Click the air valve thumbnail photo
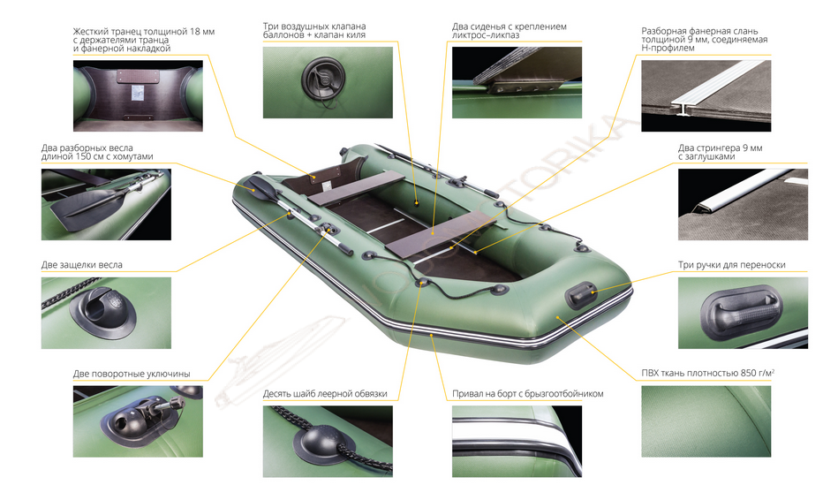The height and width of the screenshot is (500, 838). pyautogui.click(x=328, y=82)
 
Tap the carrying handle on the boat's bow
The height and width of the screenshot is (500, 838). pyautogui.click(x=580, y=295)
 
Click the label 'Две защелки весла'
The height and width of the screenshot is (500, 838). pyautogui.click(x=82, y=265)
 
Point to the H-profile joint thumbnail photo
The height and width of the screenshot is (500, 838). pyautogui.click(x=706, y=95)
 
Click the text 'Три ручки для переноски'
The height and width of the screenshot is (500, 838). pyautogui.click(x=732, y=265)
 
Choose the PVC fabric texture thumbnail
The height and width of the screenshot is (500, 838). pyautogui.click(x=706, y=421)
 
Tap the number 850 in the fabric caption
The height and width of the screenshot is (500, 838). pyautogui.click(x=748, y=374)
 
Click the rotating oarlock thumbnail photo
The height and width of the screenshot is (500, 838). pyautogui.click(x=138, y=421)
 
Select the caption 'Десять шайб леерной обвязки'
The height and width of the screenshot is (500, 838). pyautogui.click(x=325, y=394)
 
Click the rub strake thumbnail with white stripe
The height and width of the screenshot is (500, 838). pyautogui.click(x=517, y=441)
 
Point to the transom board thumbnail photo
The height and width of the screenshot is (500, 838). pyautogui.click(x=138, y=95)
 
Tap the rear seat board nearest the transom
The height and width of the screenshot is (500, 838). pyautogui.click(x=355, y=188)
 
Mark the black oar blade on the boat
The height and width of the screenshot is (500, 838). pyautogui.click(x=260, y=186)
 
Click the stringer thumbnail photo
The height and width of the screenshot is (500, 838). pyautogui.click(x=743, y=205)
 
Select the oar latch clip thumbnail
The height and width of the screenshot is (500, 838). pyautogui.click(x=106, y=313)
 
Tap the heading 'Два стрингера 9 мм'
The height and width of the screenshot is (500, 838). pyautogui.click(x=721, y=148)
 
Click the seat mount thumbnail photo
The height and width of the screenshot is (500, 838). pyautogui.click(x=517, y=82)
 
